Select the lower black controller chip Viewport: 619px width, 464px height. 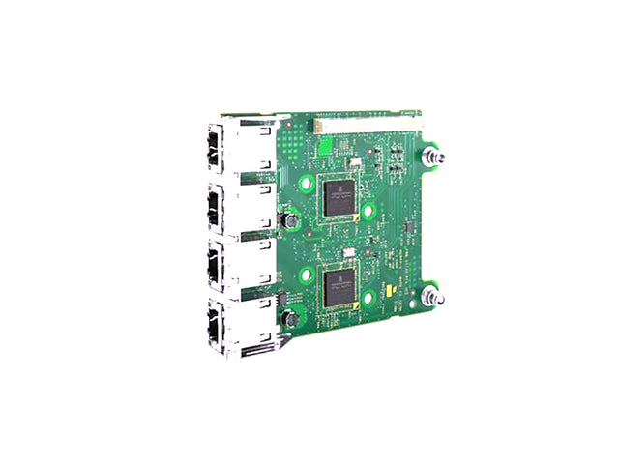338,287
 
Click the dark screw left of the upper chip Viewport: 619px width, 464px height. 287,221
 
